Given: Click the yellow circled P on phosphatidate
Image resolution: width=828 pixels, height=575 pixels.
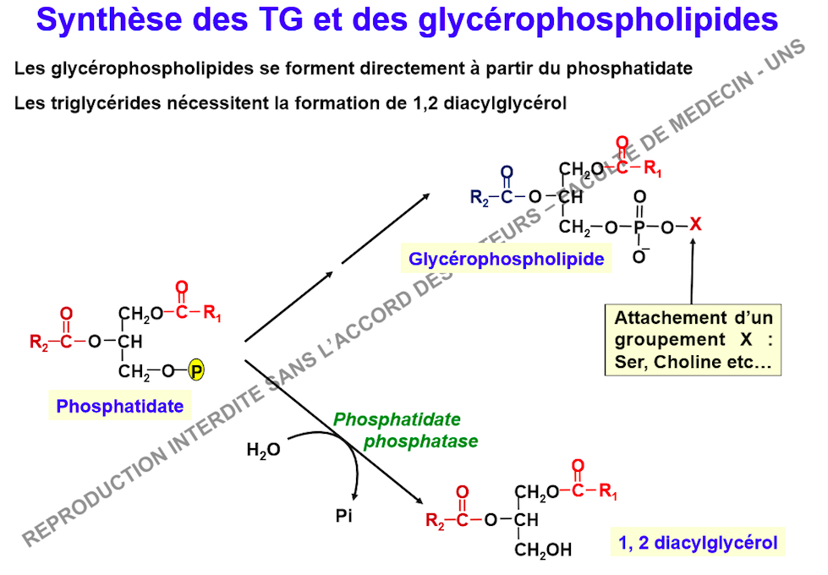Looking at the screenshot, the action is click(196, 370).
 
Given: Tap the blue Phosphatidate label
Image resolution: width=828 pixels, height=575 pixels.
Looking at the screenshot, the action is click(120, 406).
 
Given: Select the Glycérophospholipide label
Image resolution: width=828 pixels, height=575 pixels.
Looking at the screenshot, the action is click(507, 259).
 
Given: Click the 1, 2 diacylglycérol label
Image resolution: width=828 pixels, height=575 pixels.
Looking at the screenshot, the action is click(698, 542).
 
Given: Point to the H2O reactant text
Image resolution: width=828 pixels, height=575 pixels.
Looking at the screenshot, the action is click(264, 450).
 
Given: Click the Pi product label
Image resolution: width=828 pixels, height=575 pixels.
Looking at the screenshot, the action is click(343, 515).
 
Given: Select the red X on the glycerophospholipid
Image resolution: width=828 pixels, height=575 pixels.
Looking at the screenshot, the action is click(695, 224).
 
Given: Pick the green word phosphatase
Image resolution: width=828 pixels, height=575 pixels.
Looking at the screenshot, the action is click(421, 441).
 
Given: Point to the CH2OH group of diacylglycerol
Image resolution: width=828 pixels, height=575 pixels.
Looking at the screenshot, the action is click(543, 550).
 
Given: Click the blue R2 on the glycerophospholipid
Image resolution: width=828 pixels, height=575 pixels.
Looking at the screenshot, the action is click(480, 198).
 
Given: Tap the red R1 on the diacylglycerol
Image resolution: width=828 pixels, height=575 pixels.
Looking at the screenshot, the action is click(608, 491).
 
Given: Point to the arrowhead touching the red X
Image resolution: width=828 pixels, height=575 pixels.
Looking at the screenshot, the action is click(693, 242).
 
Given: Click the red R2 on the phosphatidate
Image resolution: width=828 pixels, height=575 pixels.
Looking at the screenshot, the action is click(39, 342).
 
